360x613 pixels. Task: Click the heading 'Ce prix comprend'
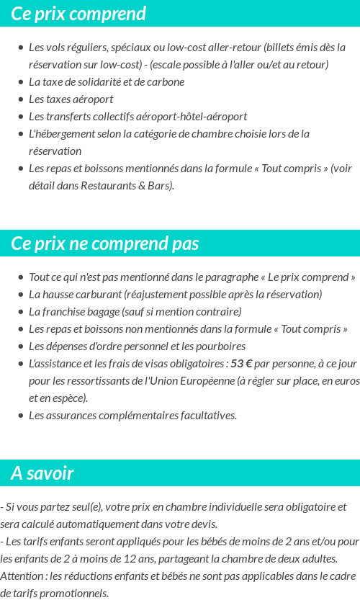tap(78, 14)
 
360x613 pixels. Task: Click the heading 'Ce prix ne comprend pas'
tap(105, 243)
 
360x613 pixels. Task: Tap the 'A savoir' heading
tap(42, 473)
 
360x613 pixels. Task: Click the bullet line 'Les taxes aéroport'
tap(71, 99)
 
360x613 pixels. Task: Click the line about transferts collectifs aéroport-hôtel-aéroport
tap(138, 116)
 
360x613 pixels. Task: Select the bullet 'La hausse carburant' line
tap(175, 294)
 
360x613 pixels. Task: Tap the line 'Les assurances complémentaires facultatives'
tap(132, 415)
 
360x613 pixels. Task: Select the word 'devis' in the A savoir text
tap(201, 524)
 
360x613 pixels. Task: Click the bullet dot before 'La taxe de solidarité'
tap(20, 82)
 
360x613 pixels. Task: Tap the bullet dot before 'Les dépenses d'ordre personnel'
tap(20, 346)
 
